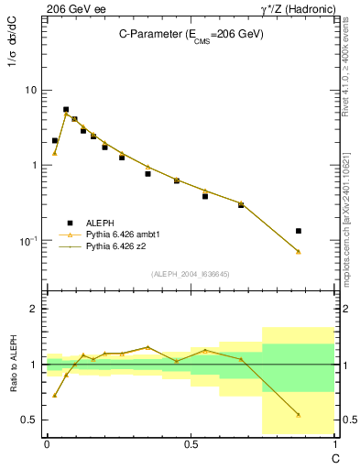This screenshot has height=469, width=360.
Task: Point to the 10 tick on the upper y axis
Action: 29,90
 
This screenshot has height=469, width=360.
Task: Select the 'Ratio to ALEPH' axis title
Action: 13,365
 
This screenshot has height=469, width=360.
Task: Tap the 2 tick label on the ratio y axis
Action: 33,309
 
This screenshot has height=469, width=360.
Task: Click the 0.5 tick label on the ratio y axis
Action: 29,420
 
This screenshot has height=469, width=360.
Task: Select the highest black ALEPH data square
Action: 66,109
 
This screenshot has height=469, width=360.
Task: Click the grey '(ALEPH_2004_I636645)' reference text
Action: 191,273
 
